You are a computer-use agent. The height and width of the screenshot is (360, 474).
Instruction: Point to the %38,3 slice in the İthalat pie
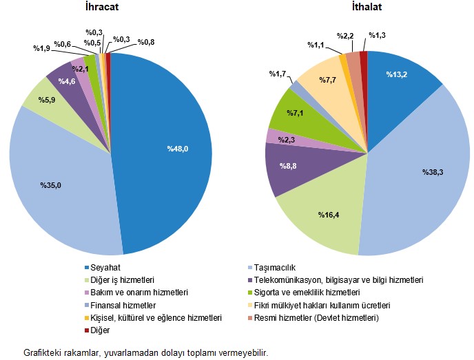tap(420, 172)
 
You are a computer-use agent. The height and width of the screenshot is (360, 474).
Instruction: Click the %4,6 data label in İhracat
tap(67, 82)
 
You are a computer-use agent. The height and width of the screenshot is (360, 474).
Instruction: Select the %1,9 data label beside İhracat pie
tap(42, 48)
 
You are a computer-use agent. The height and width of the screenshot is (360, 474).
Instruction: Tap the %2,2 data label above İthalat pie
tap(345, 35)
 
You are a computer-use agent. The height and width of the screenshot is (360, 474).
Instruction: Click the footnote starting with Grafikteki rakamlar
tap(145, 352)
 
